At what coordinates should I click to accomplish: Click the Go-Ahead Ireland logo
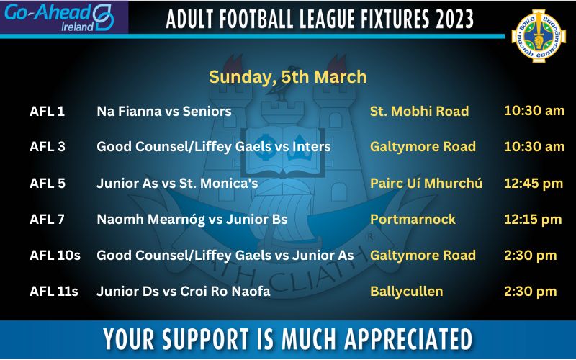[59, 17]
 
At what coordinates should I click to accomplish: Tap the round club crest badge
[539, 35]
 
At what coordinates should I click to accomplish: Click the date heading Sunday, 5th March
[287, 77]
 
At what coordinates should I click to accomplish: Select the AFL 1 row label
[47, 112]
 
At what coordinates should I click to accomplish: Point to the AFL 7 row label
[47, 220]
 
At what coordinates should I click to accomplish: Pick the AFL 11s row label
[53, 292]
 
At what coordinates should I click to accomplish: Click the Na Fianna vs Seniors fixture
[164, 112]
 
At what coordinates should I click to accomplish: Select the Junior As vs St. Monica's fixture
[177, 184]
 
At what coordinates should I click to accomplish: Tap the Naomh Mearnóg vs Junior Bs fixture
[192, 220]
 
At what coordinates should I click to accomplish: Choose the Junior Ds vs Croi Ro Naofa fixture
[184, 292]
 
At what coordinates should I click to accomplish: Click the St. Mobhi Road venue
[419, 112]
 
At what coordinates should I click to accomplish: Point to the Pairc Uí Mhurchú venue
[426, 184]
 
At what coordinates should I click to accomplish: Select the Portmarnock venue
[413, 220]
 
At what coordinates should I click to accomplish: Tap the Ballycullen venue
[406, 292]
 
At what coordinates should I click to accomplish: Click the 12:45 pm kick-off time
[534, 184]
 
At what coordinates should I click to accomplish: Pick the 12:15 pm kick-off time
[533, 220]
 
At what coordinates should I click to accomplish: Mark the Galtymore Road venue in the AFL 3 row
[423, 147]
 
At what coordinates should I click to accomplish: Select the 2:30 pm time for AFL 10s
[531, 256]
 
